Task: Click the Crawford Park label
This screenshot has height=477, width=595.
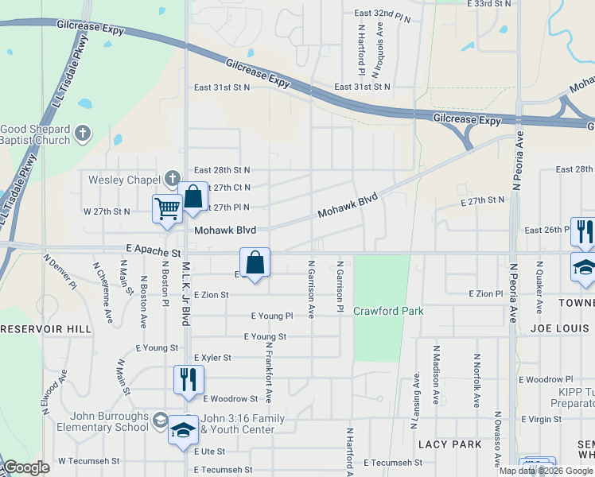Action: pyautogui.click(x=388, y=311)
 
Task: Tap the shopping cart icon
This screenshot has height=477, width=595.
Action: pyautogui.click(x=167, y=210)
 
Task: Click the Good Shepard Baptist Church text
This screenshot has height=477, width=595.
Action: pyautogui.click(x=36, y=135)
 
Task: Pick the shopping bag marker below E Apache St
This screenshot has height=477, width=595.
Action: pyautogui.click(x=255, y=262)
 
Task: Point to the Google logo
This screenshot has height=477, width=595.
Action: pyautogui.click(x=26, y=468)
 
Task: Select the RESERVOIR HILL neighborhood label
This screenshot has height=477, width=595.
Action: pyautogui.click(x=37, y=329)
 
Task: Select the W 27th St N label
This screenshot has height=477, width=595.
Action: pyautogui.click(x=107, y=211)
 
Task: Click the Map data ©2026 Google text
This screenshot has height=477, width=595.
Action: pyautogui.click(x=546, y=471)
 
